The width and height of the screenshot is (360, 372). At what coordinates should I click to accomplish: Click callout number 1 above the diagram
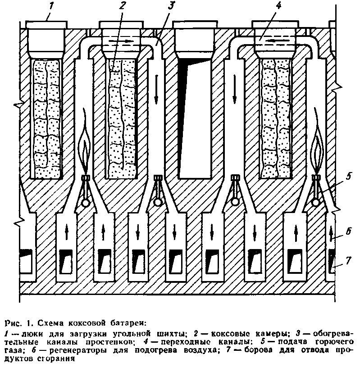51,5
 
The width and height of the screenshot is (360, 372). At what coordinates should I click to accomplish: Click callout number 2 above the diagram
122,6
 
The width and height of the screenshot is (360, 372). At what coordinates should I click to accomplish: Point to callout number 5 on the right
348,177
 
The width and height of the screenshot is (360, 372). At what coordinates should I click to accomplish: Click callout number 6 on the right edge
348,231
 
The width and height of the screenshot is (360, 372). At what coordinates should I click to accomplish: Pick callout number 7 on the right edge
348,260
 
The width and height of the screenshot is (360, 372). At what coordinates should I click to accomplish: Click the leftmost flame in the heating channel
85,142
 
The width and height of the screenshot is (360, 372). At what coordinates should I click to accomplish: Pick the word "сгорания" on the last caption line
56,358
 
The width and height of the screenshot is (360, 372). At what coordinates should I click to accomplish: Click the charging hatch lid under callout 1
46,24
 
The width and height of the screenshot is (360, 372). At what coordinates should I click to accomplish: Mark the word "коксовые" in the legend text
230,334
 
